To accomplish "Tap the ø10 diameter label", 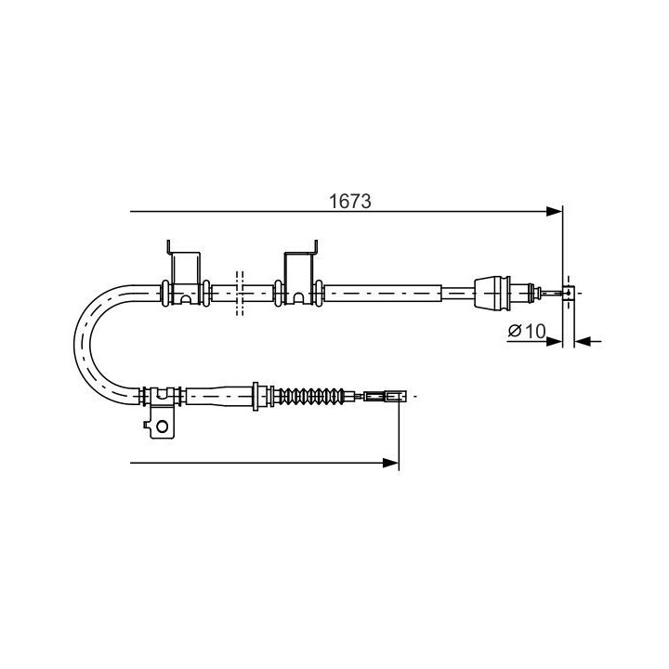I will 526,331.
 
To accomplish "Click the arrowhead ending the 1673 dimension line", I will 555,212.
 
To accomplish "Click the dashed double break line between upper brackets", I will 240,293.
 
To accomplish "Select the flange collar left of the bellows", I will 257,396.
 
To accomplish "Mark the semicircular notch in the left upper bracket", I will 186,300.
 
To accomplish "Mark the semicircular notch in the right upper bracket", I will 300,300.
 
